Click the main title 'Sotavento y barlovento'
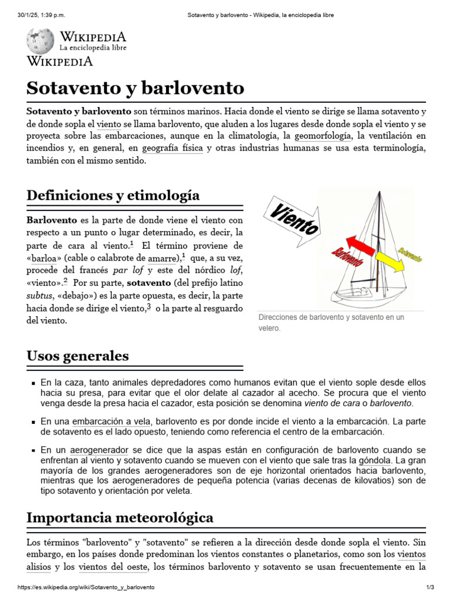point(135,88)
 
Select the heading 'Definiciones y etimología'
point(113,195)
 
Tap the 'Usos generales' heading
point(78,356)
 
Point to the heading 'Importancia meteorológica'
point(120,517)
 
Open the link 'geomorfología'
point(323,136)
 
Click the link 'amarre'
point(162,257)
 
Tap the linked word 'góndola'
point(375,460)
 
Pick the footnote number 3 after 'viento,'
point(149,306)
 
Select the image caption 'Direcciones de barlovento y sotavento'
point(331,317)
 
